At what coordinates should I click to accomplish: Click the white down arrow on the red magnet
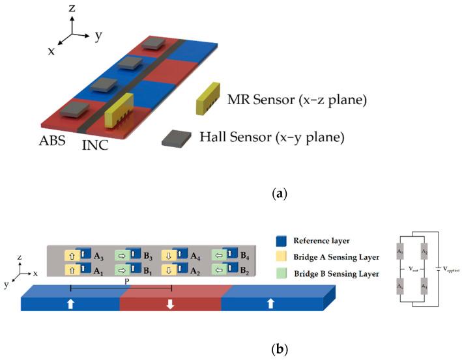(x=170, y=303)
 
